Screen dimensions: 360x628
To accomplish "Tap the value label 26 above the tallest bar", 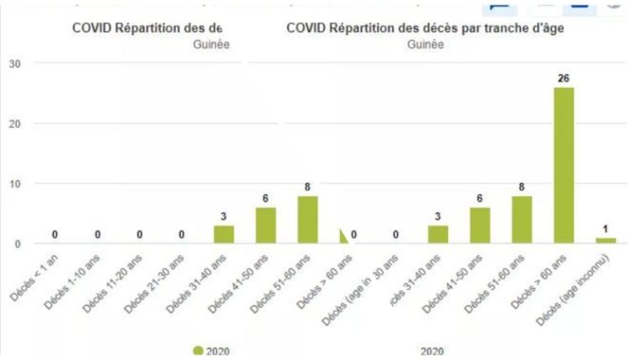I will (564, 79).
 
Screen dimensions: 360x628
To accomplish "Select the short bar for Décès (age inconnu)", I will (605, 240).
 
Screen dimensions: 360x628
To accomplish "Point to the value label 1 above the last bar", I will (605, 229).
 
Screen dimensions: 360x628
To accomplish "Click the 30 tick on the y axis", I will (16, 64).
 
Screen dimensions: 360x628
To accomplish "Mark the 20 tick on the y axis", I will (16, 124).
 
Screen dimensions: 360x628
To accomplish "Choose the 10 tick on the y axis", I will (16, 183).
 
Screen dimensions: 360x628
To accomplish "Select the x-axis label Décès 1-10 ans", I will (76, 273).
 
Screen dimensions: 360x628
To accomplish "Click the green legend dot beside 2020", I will (198, 351).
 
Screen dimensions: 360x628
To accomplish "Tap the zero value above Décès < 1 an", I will (54, 234).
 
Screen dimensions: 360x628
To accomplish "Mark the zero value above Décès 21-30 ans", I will (182, 234).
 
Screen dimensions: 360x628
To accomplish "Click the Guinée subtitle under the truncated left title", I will (209, 44).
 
